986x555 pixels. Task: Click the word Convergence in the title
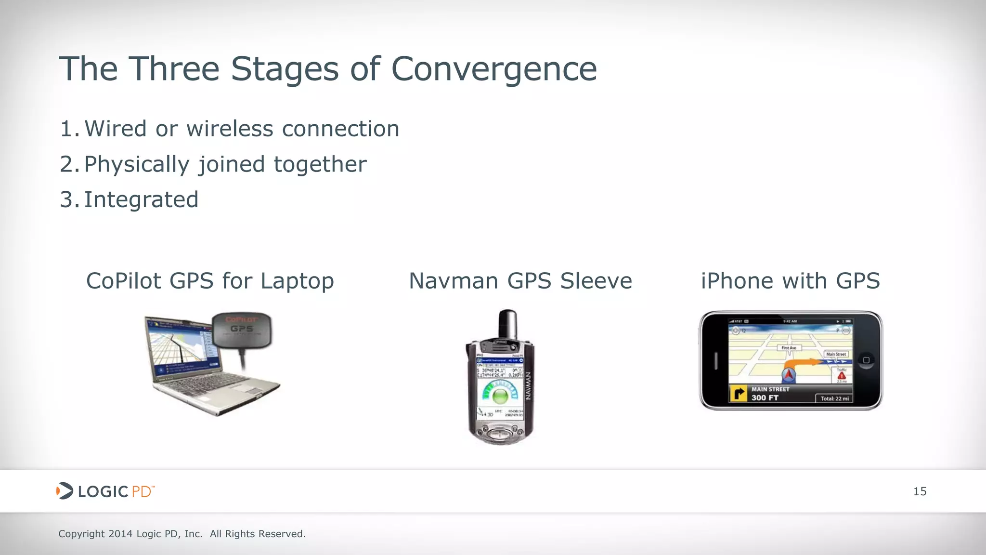[x=494, y=69]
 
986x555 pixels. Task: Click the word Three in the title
[x=174, y=69]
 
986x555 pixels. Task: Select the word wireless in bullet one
[x=230, y=129]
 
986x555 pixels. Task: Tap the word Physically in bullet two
[x=137, y=165]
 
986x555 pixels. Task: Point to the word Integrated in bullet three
[x=141, y=200]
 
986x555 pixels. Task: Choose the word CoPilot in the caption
[x=123, y=281]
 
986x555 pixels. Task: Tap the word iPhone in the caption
[x=737, y=281]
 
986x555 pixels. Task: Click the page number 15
[x=920, y=491]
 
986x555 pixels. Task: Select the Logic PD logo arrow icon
[x=65, y=491]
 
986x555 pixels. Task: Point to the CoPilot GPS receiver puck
[x=242, y=330]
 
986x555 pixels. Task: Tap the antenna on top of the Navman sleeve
[x=508, y=324]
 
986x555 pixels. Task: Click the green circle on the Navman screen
[x=500, y=396]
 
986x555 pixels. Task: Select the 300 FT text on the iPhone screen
[x=765, y=398]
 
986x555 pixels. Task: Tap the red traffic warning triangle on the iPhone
[x=842, y=375]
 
